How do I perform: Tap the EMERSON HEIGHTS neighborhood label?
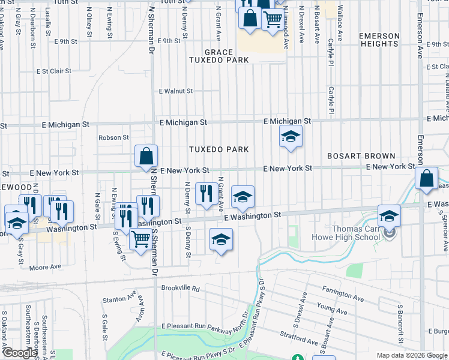click(x=379, y=40)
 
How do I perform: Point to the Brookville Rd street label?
click(x=180, y=288)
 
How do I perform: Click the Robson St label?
click(x=114, y=137)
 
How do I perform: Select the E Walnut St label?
click(x=175, y=91)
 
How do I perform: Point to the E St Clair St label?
click(x=54, y=71)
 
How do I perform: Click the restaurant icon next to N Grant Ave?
click(x=206, y=193)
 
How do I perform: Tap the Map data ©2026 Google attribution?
click(x=412, y=355)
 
